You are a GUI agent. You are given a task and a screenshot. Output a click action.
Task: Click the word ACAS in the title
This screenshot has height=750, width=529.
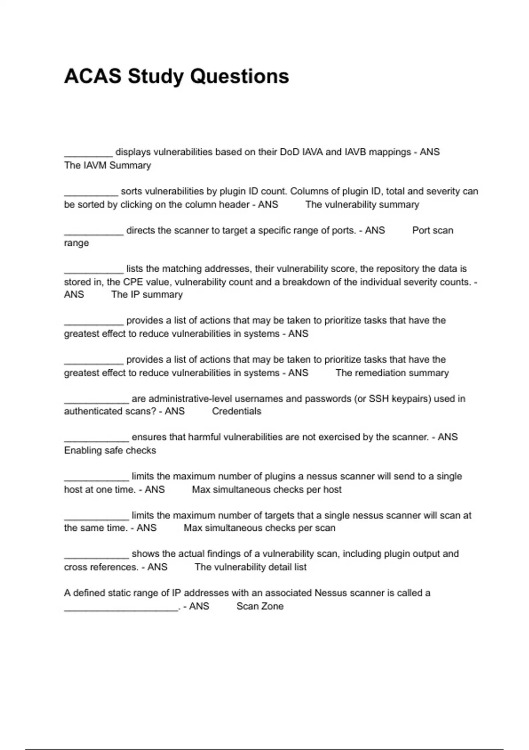(92, 76)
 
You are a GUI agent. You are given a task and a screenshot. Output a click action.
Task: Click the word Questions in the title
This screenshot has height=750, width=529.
(239, 76)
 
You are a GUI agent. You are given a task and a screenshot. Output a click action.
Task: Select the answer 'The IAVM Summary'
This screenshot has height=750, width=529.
(107, 165)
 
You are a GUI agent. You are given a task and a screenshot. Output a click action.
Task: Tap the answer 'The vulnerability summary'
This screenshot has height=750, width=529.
(362, 205)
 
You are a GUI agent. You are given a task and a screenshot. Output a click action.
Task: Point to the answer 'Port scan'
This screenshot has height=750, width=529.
(432, 230)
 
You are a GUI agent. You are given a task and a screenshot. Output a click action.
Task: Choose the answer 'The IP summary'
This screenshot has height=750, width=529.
(147, 295)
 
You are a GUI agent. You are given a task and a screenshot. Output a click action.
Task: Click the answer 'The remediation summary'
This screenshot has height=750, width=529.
(392, 373)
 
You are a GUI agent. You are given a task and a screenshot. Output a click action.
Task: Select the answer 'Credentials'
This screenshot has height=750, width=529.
(236, 411)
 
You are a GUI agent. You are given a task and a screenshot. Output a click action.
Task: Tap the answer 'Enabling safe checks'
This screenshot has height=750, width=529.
(110, 450)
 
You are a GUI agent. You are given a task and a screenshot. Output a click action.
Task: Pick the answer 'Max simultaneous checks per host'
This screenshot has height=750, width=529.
(267, 490)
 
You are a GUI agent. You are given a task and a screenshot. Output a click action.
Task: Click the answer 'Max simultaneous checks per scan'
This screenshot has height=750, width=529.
(259, 528)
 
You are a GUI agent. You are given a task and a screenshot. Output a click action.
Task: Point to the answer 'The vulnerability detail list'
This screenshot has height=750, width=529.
(250, 567)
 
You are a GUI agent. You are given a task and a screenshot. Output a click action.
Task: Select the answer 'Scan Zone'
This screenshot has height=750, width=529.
(260, 606)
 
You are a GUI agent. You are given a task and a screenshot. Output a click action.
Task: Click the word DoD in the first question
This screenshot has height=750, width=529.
(289, 152)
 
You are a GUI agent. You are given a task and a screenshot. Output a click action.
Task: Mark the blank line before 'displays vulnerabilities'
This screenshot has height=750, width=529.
(88, 155)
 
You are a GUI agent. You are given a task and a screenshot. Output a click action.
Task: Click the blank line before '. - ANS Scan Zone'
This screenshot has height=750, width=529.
(121, 609)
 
